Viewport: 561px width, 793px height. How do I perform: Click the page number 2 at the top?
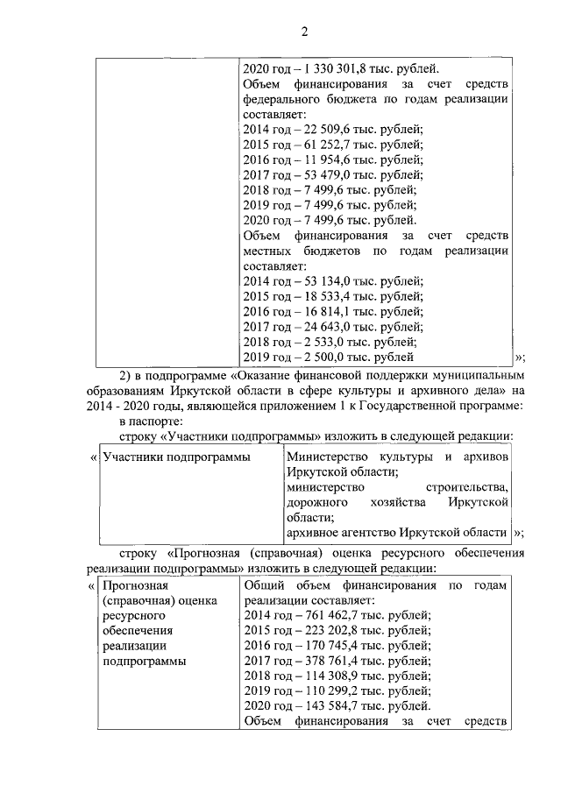305,32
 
